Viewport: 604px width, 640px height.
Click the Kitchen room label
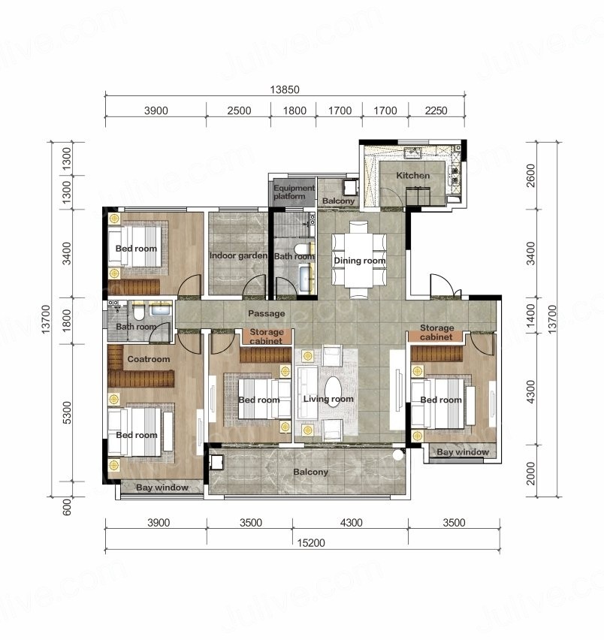pyautogui.click(x=412, y=176)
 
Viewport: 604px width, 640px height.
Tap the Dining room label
pyautogui.click(x=360, y=261)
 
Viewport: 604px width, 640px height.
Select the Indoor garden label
pyautogui.click(x=238, y=256)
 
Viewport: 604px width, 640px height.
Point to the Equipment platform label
pyautogui.click(x=294, y=192)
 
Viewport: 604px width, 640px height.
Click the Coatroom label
pyautogui.click(x=149, y=359)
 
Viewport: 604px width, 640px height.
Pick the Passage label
pyautogui.click(x=267, y=313)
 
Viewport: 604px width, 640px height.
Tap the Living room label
pyautogui.click(x=328, y=399)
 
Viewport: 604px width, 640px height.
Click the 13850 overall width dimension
pyautogui.click(x=285, y=89)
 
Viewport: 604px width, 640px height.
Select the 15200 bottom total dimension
pyautogui.click(x=311, y=543)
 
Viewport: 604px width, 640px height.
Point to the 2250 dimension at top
pyautogui.click(x=436, y=110)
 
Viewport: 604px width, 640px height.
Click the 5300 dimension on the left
pyautogui.click(x=67, y=412)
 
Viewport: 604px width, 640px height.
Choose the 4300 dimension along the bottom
pyautogui.click(x=351, y=523)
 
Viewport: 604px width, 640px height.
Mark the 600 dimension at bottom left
pyautogui.click(x=67, y=507)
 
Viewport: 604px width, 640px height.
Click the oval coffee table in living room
pyautogui.click(x=333, y=391)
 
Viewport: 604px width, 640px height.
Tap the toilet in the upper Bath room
pyautogui.click(x=301, y=248)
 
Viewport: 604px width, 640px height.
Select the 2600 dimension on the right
pyautogui.click(x=530, y=176)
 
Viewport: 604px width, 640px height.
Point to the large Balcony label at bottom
pyautogui.click(x=310, y=472)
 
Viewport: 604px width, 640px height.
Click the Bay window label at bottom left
pyautogui.click(x=162, y=488)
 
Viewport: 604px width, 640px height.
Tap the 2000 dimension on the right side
pyautogui.click(x=530, y=473)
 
